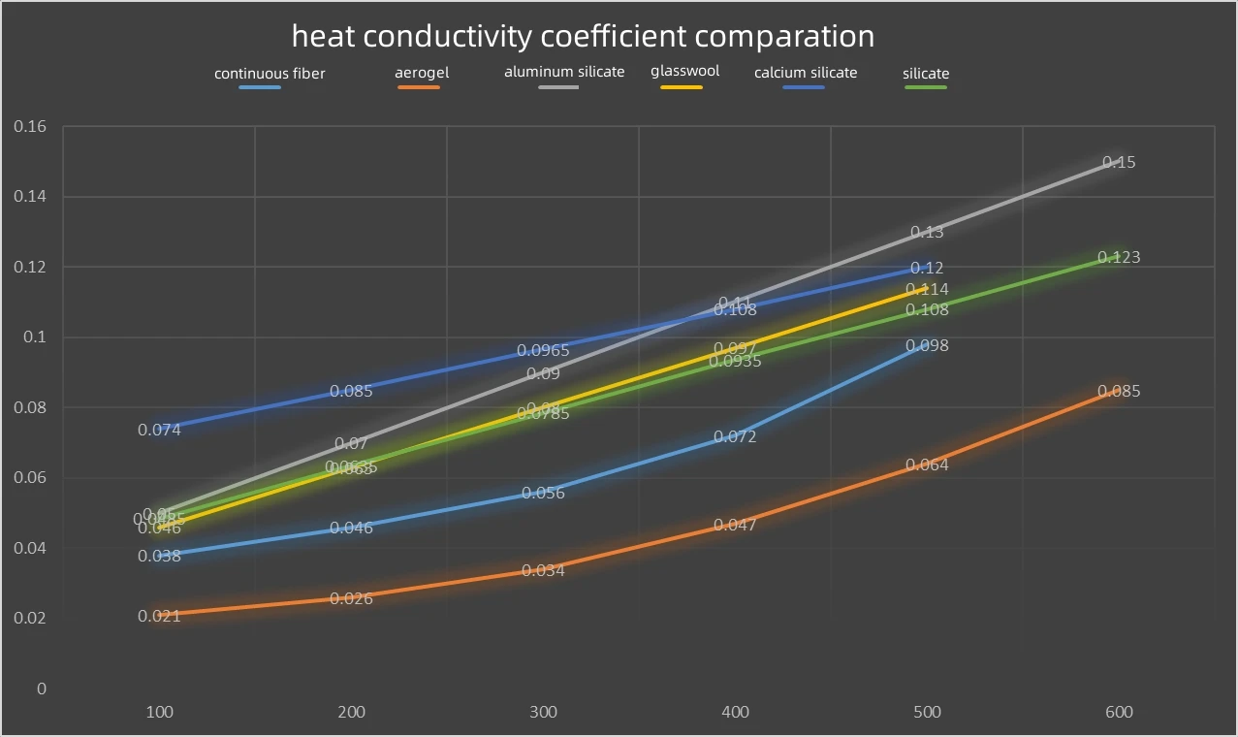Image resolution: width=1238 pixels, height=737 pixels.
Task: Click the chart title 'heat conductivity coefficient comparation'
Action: (x=583, y=37)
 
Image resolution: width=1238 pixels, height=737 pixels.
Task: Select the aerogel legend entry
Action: (x=422, y=73)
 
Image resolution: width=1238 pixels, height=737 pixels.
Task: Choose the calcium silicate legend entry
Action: (x=806, y=73)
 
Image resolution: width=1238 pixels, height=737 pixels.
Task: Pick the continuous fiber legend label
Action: (x=270, y=74)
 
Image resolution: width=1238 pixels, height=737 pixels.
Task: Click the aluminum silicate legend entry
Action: (x=564, y=72)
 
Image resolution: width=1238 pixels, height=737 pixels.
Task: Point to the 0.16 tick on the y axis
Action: (x=30, y=127)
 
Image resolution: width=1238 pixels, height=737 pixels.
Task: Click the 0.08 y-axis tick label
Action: (x=30, y=408)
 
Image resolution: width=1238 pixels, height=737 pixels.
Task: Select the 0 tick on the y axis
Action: (x=41, y=689)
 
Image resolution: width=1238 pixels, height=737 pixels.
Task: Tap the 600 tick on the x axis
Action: (x=1119, y=712)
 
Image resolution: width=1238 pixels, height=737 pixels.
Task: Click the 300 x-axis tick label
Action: (x=544, y=712)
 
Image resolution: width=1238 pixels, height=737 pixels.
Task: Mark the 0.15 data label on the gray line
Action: (x=1120, y=163)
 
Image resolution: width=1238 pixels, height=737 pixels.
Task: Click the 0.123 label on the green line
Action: (x=1119, y=258)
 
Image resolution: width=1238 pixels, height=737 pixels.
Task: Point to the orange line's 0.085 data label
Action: (x=1119, y=392)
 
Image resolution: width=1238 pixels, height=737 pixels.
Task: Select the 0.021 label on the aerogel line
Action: (x=159, y=616)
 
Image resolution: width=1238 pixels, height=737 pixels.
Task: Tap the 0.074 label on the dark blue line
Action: (x=159, y=430)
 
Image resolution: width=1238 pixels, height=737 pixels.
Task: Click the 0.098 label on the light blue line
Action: (x=927, y=346)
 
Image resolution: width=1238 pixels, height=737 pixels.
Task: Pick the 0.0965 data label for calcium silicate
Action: (x=543, y=351)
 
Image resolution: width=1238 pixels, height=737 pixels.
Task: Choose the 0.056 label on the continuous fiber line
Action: (x=543, y=494)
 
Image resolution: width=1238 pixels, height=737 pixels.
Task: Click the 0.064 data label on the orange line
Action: (x=927, y=465)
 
